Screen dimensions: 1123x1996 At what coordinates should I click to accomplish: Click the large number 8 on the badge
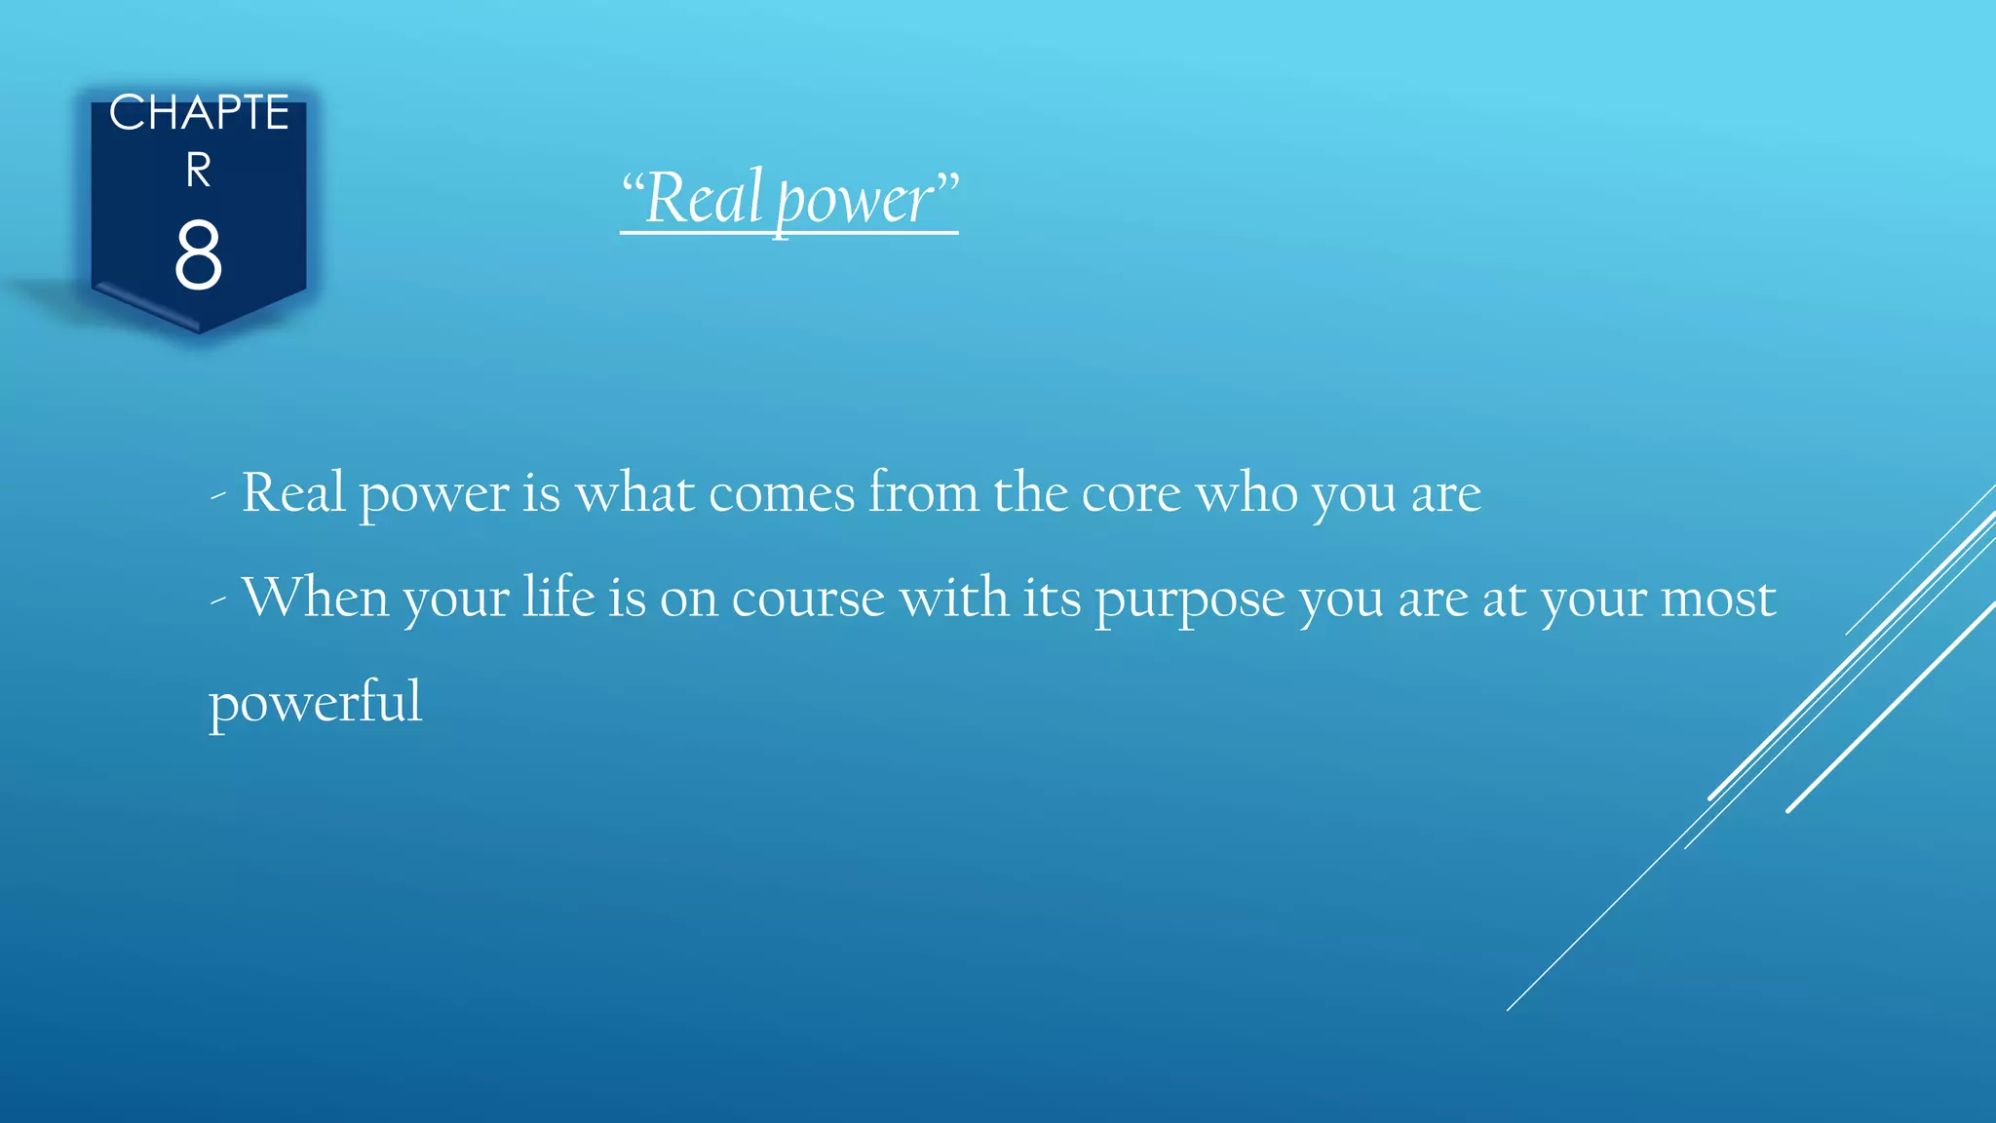(198, 254)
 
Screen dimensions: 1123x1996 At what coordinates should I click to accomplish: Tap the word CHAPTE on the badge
(199, 113)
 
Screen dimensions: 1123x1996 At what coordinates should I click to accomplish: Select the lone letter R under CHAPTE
(199, 171)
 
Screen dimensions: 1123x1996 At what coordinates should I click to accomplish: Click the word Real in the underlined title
(703, 198)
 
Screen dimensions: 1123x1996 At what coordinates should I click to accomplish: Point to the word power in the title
(855, 201)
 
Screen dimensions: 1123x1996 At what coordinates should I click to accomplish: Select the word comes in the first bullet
(782, 493)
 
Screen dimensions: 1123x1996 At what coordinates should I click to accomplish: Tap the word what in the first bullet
(634, 492)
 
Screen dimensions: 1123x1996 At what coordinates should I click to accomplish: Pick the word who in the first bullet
(1247, 493)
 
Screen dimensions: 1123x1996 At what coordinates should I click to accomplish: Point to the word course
(808, 598)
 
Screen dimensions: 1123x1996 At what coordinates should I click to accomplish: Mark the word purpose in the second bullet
(1190, 600)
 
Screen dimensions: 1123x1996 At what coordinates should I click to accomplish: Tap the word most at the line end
(1718, 598)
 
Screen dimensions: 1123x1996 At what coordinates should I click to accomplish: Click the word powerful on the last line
(316, 702)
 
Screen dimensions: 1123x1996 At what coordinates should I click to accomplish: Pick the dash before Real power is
(218, 496)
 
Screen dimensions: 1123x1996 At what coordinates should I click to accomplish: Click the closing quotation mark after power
(947, 180)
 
